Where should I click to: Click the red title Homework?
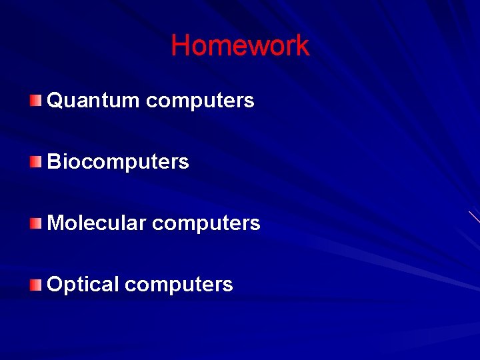point(240,46)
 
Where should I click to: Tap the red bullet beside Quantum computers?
point(35,101)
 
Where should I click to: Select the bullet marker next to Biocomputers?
point(35,162)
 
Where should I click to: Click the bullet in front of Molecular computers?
point(35,223)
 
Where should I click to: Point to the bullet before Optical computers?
point(35,285)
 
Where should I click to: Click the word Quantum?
point(93,101)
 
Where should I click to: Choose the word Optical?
point(83,285)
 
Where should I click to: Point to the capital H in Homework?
point(180,46)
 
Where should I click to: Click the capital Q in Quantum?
point(56,101)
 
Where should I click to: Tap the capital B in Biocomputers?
point(55,162)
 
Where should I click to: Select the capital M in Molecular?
point(57,223)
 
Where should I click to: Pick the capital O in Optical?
point(56,285)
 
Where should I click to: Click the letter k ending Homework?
point(303,46)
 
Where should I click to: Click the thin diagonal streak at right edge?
point(474,217)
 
